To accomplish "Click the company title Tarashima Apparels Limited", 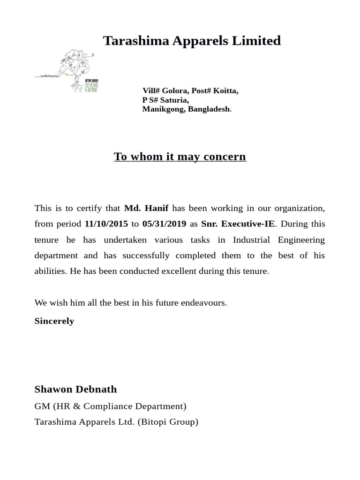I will (x=192, y=41).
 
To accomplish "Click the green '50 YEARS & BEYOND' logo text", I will (x=91, y=86).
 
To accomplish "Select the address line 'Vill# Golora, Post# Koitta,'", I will (x=190, y=91).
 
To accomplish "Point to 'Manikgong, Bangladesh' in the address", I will (x=186, y=109).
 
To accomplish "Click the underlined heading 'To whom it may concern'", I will (x=180, y=157).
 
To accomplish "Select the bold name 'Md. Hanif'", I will (x=146, y=208).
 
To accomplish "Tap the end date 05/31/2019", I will (x=164, y=224).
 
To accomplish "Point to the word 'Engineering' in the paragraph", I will (x=301, y=240).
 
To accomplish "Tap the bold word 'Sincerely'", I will (x=54, y=322).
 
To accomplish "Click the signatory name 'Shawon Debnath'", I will (x=75, y=390).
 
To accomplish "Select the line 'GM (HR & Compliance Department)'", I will (x=111, y=406).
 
